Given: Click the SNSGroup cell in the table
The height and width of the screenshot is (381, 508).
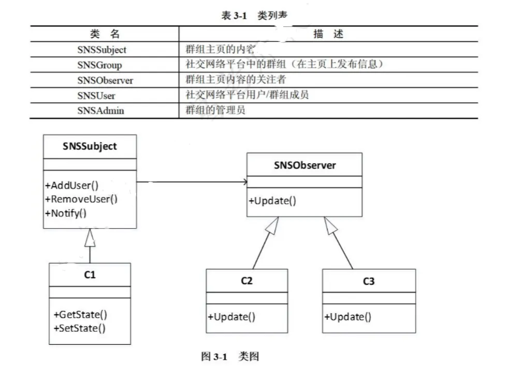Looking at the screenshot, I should [99, 65].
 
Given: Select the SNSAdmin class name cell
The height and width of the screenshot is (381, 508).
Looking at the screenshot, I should [100, 110].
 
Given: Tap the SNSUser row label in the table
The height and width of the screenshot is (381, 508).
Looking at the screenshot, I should [96, 95].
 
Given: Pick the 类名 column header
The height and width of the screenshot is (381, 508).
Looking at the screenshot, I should [104, 34].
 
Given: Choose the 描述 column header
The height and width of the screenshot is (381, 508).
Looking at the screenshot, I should [328, 34].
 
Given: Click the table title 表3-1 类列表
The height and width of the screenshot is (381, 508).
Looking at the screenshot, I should [254, 16].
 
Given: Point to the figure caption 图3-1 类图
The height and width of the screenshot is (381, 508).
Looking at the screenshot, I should [229, 357].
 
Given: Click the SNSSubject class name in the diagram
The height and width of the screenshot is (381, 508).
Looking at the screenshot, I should [90, 146].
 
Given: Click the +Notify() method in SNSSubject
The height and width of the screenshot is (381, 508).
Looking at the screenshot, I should [66, 213].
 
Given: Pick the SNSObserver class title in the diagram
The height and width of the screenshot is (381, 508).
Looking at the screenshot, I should [304, 165].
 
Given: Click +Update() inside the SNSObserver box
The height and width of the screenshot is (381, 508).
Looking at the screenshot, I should [272, 201].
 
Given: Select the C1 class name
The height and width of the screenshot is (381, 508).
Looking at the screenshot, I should [90, 275].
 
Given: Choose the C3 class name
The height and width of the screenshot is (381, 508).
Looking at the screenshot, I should [369, 281].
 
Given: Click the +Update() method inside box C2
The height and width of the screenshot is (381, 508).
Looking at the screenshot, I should [231, 317].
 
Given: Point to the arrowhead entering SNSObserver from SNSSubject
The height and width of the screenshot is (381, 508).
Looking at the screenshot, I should [243, 182].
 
